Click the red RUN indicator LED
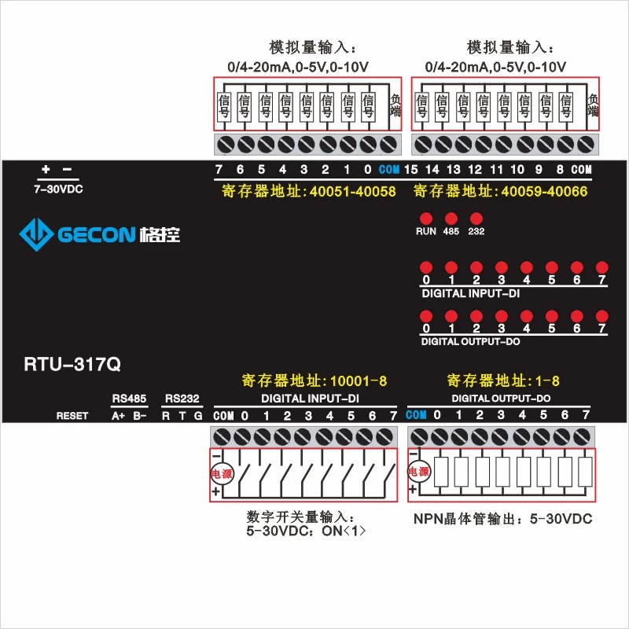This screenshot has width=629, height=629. (426, 218)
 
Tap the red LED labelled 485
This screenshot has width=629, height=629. (451, 218)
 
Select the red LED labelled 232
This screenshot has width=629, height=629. (476, 218)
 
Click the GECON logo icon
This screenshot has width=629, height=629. (35, 234)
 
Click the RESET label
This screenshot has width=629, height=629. (72, 416)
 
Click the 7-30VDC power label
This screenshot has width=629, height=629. (58, 189)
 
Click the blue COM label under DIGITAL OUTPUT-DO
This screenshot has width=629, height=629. (416, 415)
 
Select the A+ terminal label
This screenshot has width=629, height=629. (119, 416)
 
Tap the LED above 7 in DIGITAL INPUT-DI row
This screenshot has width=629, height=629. (601, 267)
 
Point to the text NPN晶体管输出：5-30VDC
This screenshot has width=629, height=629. (502, 519)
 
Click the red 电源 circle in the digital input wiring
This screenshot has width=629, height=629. (219, 473)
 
